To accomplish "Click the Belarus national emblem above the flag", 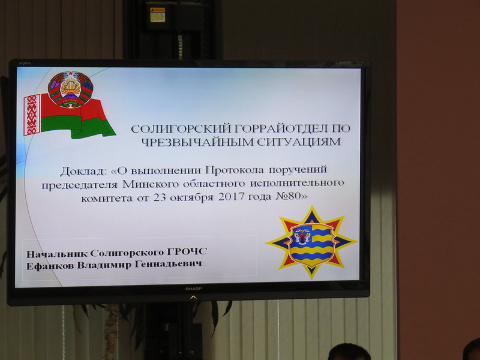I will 71,89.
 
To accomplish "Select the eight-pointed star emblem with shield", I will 311,241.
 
